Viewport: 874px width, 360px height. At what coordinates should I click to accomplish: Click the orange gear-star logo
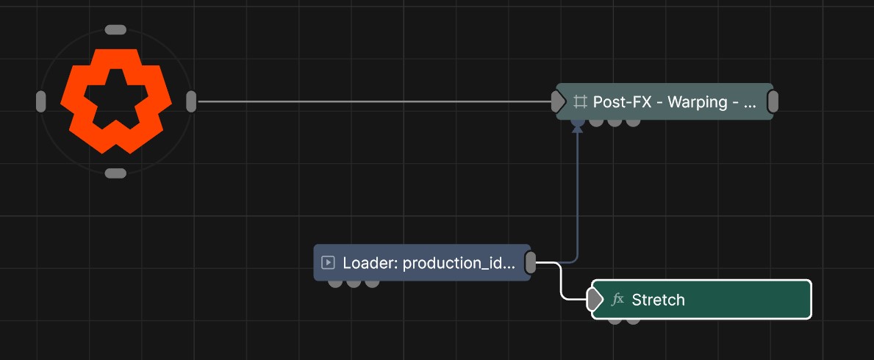coord(115,101)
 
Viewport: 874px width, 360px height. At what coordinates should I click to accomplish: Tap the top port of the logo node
coord(115,29)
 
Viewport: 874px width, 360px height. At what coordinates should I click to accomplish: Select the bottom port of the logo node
coord(115,173)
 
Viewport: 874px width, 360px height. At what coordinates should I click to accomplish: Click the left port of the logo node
coord(40,101)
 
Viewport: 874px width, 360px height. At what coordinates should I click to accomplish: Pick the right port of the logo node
coord(191,101)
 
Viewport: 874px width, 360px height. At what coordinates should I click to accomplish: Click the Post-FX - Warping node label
coord(675,102)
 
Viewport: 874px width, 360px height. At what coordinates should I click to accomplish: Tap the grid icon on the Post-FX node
coord(580,102)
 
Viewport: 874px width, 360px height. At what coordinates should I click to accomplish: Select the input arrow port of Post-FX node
coord(558,101)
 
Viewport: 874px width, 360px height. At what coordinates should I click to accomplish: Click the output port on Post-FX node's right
coord(773,101)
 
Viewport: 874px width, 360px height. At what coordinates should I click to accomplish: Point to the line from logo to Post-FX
coord(374,101)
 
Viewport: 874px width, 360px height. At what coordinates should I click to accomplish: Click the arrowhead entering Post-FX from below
coord(578,129)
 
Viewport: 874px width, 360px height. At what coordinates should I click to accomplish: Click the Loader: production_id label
coord(429,263)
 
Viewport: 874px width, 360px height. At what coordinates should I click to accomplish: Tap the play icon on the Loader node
coord(329,262)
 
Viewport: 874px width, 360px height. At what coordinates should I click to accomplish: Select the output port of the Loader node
coord(531,262)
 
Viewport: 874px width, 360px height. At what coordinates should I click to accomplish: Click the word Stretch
coord(658,300)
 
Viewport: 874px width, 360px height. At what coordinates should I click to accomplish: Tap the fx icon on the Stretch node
coord(617,300)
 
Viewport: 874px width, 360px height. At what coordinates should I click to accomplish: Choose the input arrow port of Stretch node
coord(595,299)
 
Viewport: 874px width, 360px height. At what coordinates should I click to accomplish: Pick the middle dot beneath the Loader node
coord(354,283)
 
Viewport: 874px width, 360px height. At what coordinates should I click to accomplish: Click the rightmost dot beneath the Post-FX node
coord(633,122)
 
